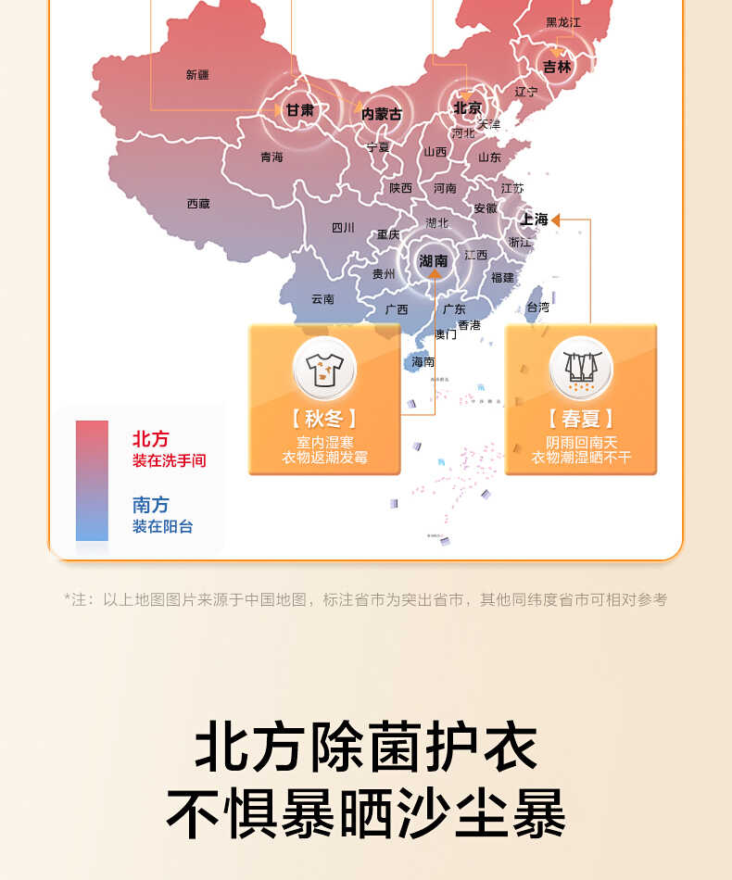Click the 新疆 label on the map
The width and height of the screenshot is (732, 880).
point(197,75)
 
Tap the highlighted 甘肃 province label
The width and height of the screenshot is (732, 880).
point(299,110)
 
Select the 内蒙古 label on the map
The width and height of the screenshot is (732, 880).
point(382,114)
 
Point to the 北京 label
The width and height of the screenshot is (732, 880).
point(468,108)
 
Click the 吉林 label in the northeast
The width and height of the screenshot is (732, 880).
point(557,67)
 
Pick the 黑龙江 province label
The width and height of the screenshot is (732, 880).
point(563,22)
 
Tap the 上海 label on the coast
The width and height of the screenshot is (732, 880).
point(535,220)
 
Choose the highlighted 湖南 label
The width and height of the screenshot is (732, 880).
point(433,261)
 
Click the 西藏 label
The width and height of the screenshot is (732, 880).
point(198,204)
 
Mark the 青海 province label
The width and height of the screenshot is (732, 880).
point(271,157)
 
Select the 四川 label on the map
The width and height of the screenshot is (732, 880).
point(343,228)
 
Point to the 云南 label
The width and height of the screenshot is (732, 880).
point(322,299)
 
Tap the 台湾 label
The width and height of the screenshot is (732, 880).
point(537,307)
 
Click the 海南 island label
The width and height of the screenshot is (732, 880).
point(423,362)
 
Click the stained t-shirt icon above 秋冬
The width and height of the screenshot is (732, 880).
point(324,368)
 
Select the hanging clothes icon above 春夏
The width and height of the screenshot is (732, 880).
point(581,368)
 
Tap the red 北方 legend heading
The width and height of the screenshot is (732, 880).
point(150,439)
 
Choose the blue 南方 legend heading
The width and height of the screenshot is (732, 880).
point(150,505)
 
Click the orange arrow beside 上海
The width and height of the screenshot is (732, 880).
point(558,220)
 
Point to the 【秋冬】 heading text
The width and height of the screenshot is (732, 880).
point(324,419)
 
